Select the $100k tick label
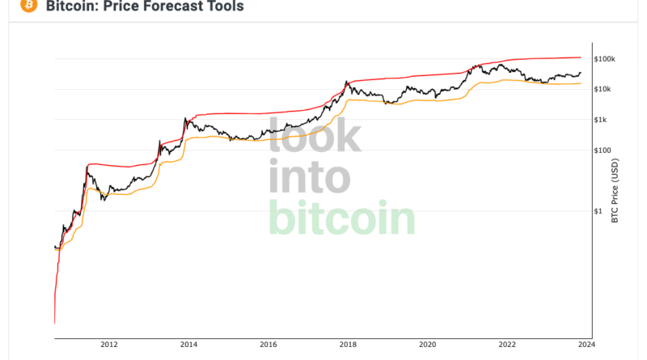(x=605, y=59)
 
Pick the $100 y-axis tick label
(x=603, y=150)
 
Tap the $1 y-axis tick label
(x=598, y=211)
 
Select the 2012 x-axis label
(x=109, y=344)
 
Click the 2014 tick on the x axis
(x=188, y=344)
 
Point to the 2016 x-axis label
(x=268, y=344)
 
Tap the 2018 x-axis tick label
(x=347, y=344)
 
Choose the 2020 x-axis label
(x=426, y=344)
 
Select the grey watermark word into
(x=309, y=176)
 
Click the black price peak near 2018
(x=346, y=82)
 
